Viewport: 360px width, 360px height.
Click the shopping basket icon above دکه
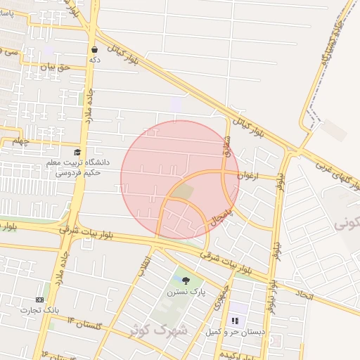[94, 50]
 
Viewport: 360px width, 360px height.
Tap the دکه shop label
[94, 60]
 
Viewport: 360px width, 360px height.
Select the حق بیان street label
[56, 67]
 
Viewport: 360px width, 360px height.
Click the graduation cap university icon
[77, 152]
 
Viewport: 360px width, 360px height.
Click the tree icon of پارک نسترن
[186, 281]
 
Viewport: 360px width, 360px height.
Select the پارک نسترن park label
[186, 292]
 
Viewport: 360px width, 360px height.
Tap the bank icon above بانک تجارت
[39, 300]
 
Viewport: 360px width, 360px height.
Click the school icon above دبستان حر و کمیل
[235, 320]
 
